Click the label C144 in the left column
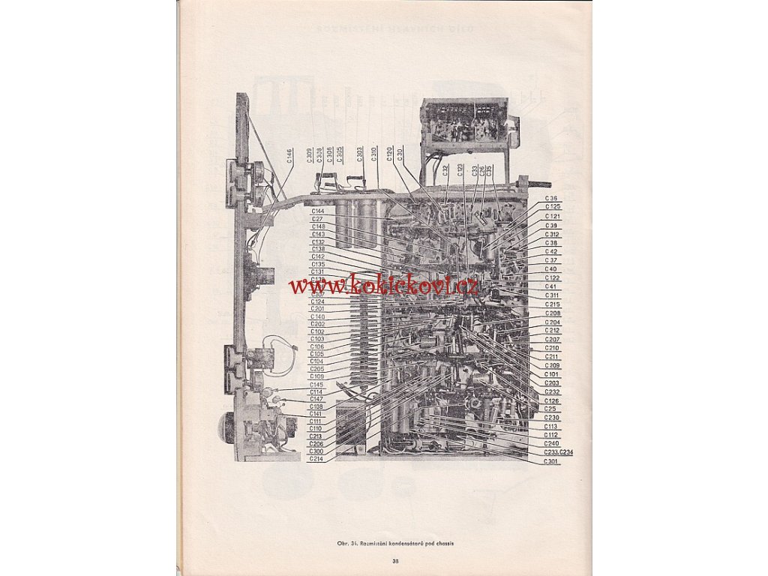(318, 211)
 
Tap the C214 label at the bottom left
(316, 458)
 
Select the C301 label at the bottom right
(551, 461)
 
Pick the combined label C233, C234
(559, 452)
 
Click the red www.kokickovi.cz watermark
(384, 285)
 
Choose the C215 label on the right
(552, 304)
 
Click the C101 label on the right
(552, 374)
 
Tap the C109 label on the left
(317, 376)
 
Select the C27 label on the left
(316, 219)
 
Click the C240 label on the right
(551, 443)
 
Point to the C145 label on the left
(317, 385)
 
